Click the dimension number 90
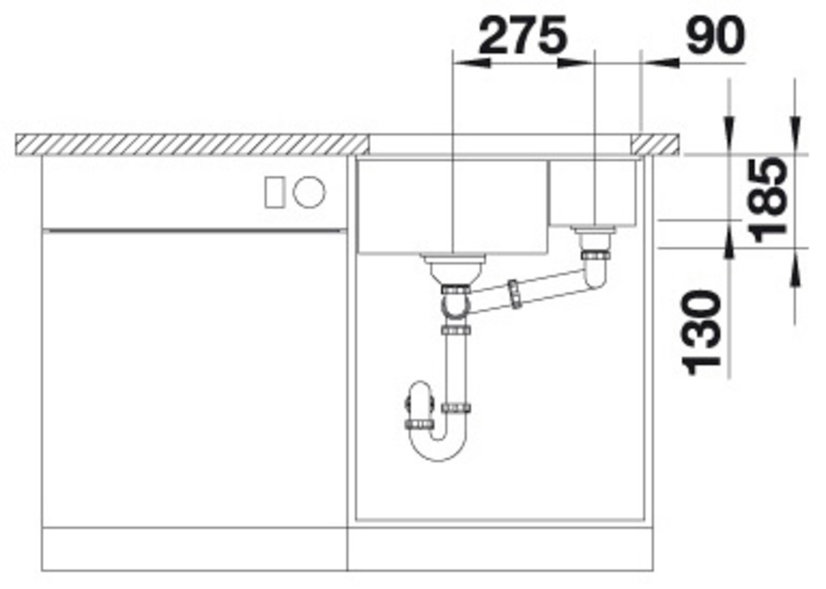(716, 35)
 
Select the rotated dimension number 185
(769, 199)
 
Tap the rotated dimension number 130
(701, 333)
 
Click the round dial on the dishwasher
(310, 192)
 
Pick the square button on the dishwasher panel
(274, 192)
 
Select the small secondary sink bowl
(592, 193)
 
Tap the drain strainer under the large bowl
(454, 269)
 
